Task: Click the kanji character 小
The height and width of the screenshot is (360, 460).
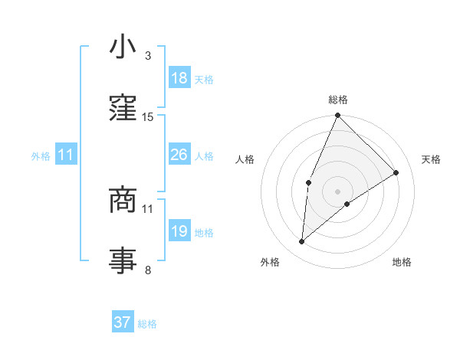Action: coord(123,47)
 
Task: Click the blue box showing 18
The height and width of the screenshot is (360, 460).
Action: coord(179,78)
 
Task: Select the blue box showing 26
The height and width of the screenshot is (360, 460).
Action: coord(179,155)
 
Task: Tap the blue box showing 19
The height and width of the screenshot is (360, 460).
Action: coord(179,231)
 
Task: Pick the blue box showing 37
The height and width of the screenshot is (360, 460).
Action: coord(123,323)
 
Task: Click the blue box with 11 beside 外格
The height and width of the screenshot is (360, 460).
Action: coord(66,155)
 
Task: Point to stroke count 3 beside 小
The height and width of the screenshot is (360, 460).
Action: coord(148,56)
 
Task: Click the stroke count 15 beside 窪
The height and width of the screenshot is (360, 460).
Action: coord(148,117)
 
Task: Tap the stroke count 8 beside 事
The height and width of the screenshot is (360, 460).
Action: coord(148,270)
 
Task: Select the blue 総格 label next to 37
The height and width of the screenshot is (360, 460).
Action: coord(147,324)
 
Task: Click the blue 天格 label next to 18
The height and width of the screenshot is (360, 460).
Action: coord(203,79)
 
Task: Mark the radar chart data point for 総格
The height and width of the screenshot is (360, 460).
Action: coord(337,116)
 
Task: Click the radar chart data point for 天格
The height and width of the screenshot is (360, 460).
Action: coord(396,172)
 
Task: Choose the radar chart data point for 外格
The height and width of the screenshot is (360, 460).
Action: coord(302,242)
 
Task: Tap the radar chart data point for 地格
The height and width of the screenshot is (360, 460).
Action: coord(347,204)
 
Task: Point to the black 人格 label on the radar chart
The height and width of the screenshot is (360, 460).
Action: coord(245,159)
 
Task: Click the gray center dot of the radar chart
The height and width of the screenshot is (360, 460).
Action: coord(337,190)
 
